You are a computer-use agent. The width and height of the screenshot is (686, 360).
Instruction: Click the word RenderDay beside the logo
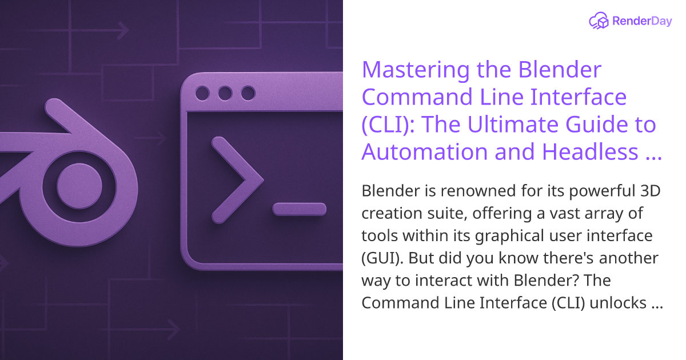pyautogui.click(x=641, y=22)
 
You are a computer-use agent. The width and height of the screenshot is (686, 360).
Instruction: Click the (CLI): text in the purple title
pyautogui.click(x=388, y=125)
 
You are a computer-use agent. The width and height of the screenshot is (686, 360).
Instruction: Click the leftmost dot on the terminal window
pyautogui.click(x=202, y=93)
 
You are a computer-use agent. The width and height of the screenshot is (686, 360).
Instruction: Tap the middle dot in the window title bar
pyautogui.click(x=225, y=93)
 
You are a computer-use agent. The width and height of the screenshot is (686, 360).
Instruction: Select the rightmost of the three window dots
pyautogui.click(x=248, y=93)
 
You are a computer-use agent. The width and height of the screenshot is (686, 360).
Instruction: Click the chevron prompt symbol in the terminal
pyautogui.click(x=232, y=180)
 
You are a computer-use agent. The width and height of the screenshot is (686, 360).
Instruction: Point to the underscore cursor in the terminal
pyautogui.click(x=299, y=209)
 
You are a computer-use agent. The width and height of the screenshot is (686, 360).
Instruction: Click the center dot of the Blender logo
pyautogui.click(x=79, y=186)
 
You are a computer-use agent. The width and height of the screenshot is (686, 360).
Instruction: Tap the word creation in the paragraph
pyautogui.click(x=392, y=214)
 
